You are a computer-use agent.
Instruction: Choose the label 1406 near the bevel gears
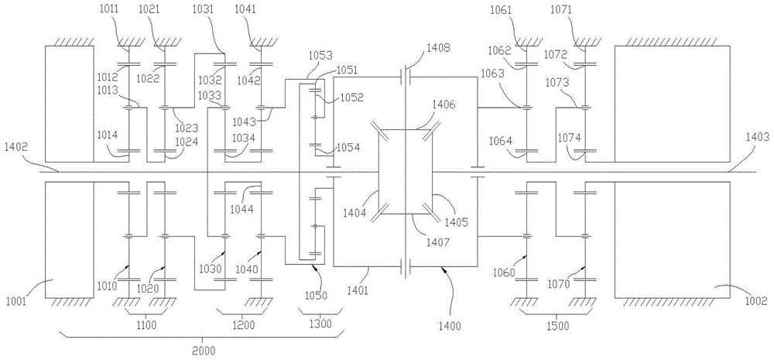(444, 104)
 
